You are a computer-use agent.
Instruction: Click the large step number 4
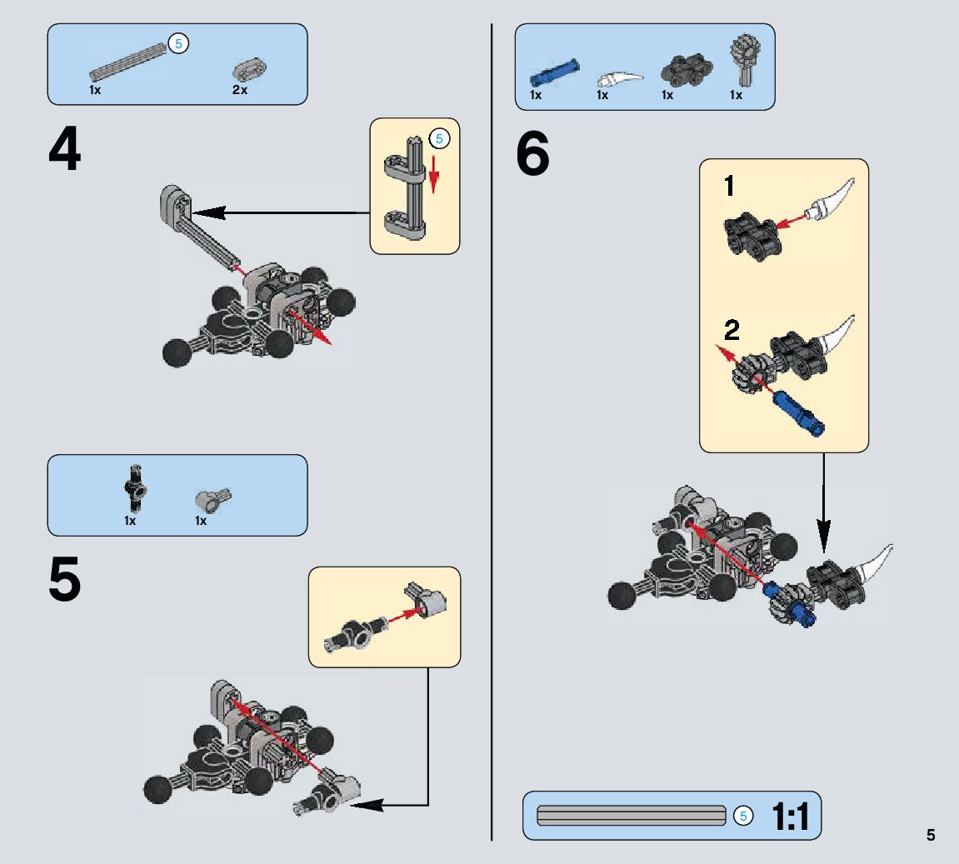[x=65, y=152]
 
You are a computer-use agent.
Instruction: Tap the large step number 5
[x=65, y=581]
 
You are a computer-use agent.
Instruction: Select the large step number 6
[x=533, y=156]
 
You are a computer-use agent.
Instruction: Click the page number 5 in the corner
[x=931, y=836]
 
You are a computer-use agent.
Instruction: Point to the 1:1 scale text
[x=791, y=817]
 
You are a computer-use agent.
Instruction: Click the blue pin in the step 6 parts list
[x=552, y=72]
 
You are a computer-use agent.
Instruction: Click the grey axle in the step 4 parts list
[x=130, y=62]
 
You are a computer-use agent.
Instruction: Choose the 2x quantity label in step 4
[x=240, y=90]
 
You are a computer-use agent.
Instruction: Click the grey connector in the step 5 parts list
[x=212, y=498]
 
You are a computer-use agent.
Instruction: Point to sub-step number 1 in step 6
[x=729, y=186]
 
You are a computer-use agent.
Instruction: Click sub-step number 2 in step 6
[x=732, y=331]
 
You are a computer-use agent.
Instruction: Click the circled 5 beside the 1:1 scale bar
[x=744, y=816]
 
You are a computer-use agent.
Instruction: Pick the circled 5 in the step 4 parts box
[x=177, y=44]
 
